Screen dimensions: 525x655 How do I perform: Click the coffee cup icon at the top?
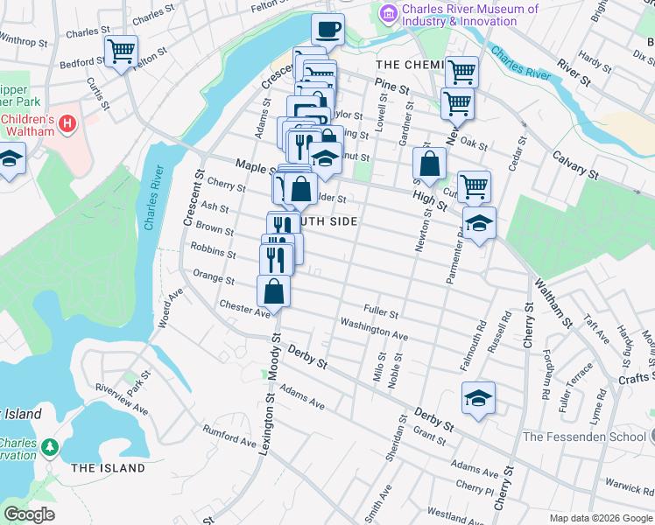(x=327, y=30)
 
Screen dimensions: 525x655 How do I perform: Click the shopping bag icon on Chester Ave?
(x=273, y=291)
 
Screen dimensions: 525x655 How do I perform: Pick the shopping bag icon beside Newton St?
(x=430, y=163)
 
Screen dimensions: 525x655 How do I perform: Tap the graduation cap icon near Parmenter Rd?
(x=479, y=224)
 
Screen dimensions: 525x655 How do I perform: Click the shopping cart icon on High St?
(x=474, y=185)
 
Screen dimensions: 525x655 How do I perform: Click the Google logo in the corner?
(x=30, y=514)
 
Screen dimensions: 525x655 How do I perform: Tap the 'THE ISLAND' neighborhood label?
(x=108, y=468)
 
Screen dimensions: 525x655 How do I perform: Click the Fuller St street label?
(x=381, y=313)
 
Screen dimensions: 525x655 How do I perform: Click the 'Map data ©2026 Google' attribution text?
(x=600, y=518)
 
